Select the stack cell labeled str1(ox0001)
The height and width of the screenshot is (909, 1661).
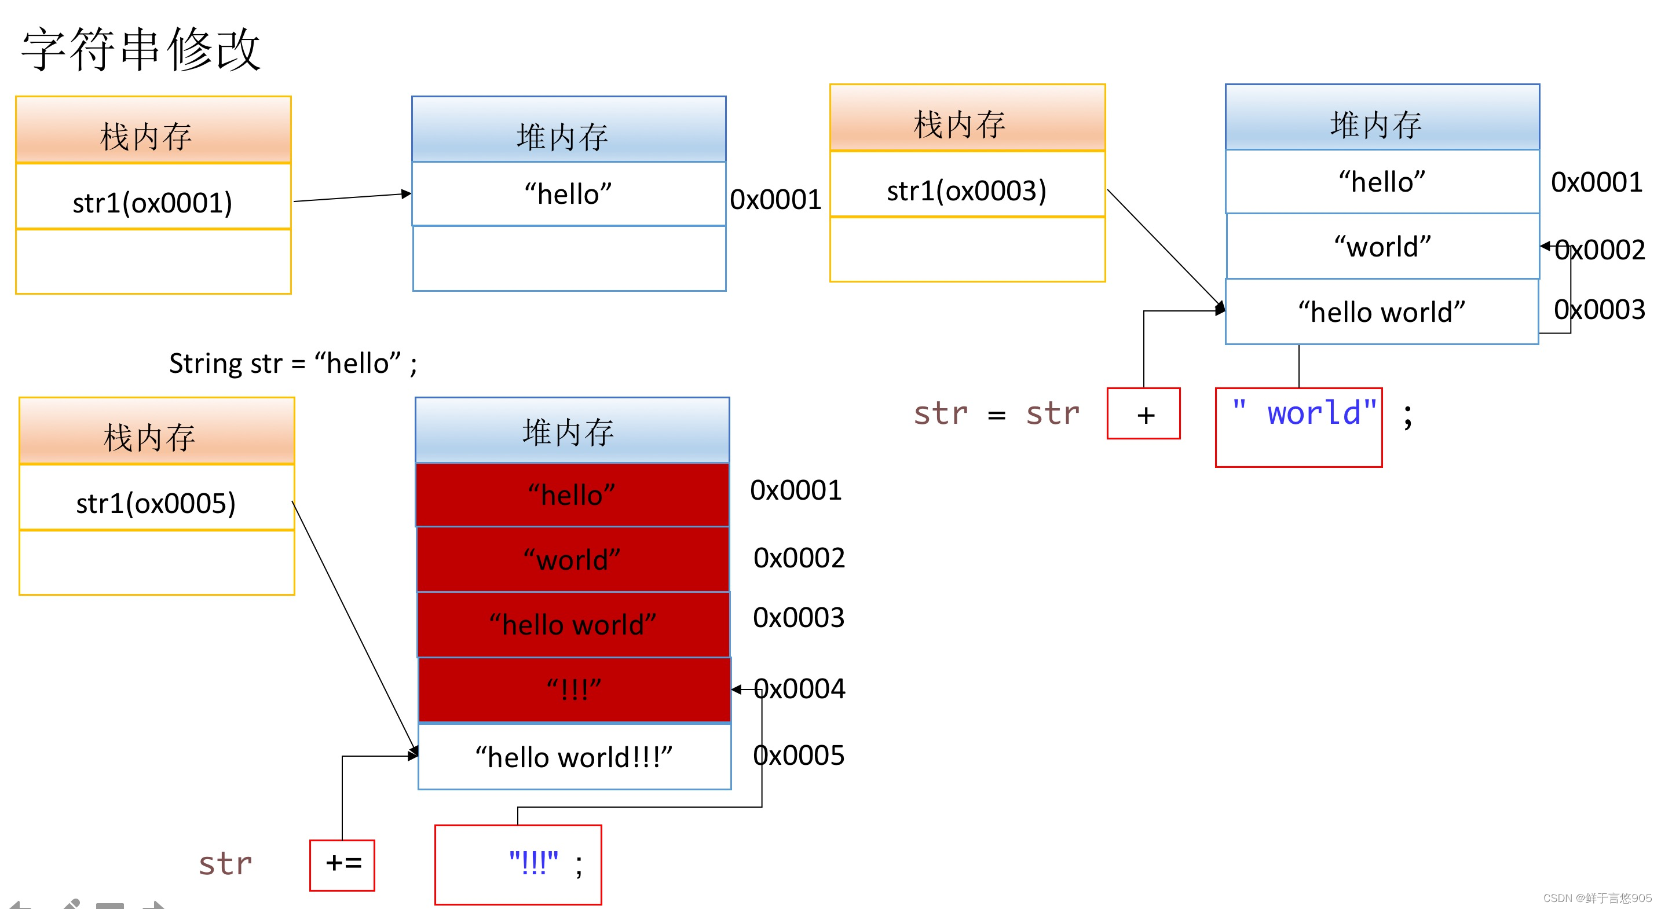click(x=153, y=202)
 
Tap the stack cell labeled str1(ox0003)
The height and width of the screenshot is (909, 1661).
click(x=966, y=189)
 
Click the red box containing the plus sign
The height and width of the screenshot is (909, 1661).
click(x=1143, y=414)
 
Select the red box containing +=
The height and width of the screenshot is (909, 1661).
click(x=342, y=864)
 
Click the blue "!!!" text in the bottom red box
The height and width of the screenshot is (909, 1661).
click(x=533, y=862)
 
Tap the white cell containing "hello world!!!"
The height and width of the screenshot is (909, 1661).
click(x=574, y=756)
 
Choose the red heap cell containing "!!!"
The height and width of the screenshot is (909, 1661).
click(x=574, y=690)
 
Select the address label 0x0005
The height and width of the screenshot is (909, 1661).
click(x=798, y=755)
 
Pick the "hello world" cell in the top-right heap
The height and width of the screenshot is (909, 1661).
click(x=1381, y=311)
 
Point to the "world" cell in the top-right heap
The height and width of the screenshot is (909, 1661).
click(x=1381, y=246)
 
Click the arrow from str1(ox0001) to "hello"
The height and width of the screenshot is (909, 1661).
click(x=352, y=197)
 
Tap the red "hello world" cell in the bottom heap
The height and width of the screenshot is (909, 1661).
click(x=573, y=624)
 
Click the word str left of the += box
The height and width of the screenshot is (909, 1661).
click(x=225, y=863)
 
